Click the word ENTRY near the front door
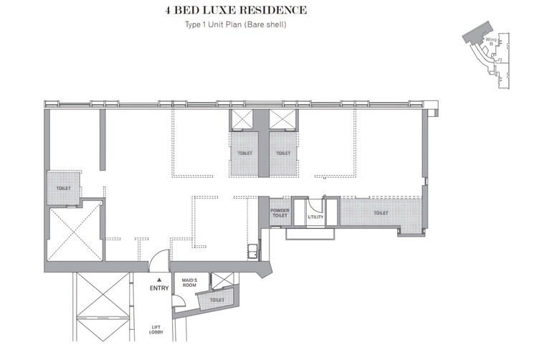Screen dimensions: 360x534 coord(159,288)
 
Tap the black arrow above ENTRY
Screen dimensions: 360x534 coord(159,280)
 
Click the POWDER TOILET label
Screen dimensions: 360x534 coord(279,213)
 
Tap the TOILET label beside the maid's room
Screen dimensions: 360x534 coord(218,300)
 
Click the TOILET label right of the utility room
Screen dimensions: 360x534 coord(380,213)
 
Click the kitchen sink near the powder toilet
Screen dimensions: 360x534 coord(252,252)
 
